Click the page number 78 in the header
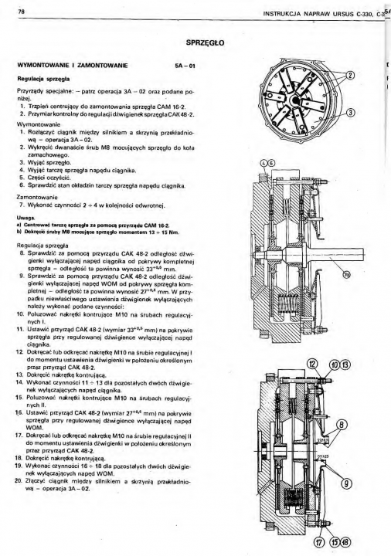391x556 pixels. coord(20,12)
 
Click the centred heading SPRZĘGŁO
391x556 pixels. coord(205,43)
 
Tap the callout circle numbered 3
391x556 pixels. coord(350,113)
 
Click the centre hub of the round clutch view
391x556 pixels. coord(294,101)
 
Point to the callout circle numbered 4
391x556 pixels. coord(263,164)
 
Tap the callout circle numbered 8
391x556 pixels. coord(342,425)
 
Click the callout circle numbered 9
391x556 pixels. coord(344,483)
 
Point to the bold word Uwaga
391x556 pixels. coord(25,219)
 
